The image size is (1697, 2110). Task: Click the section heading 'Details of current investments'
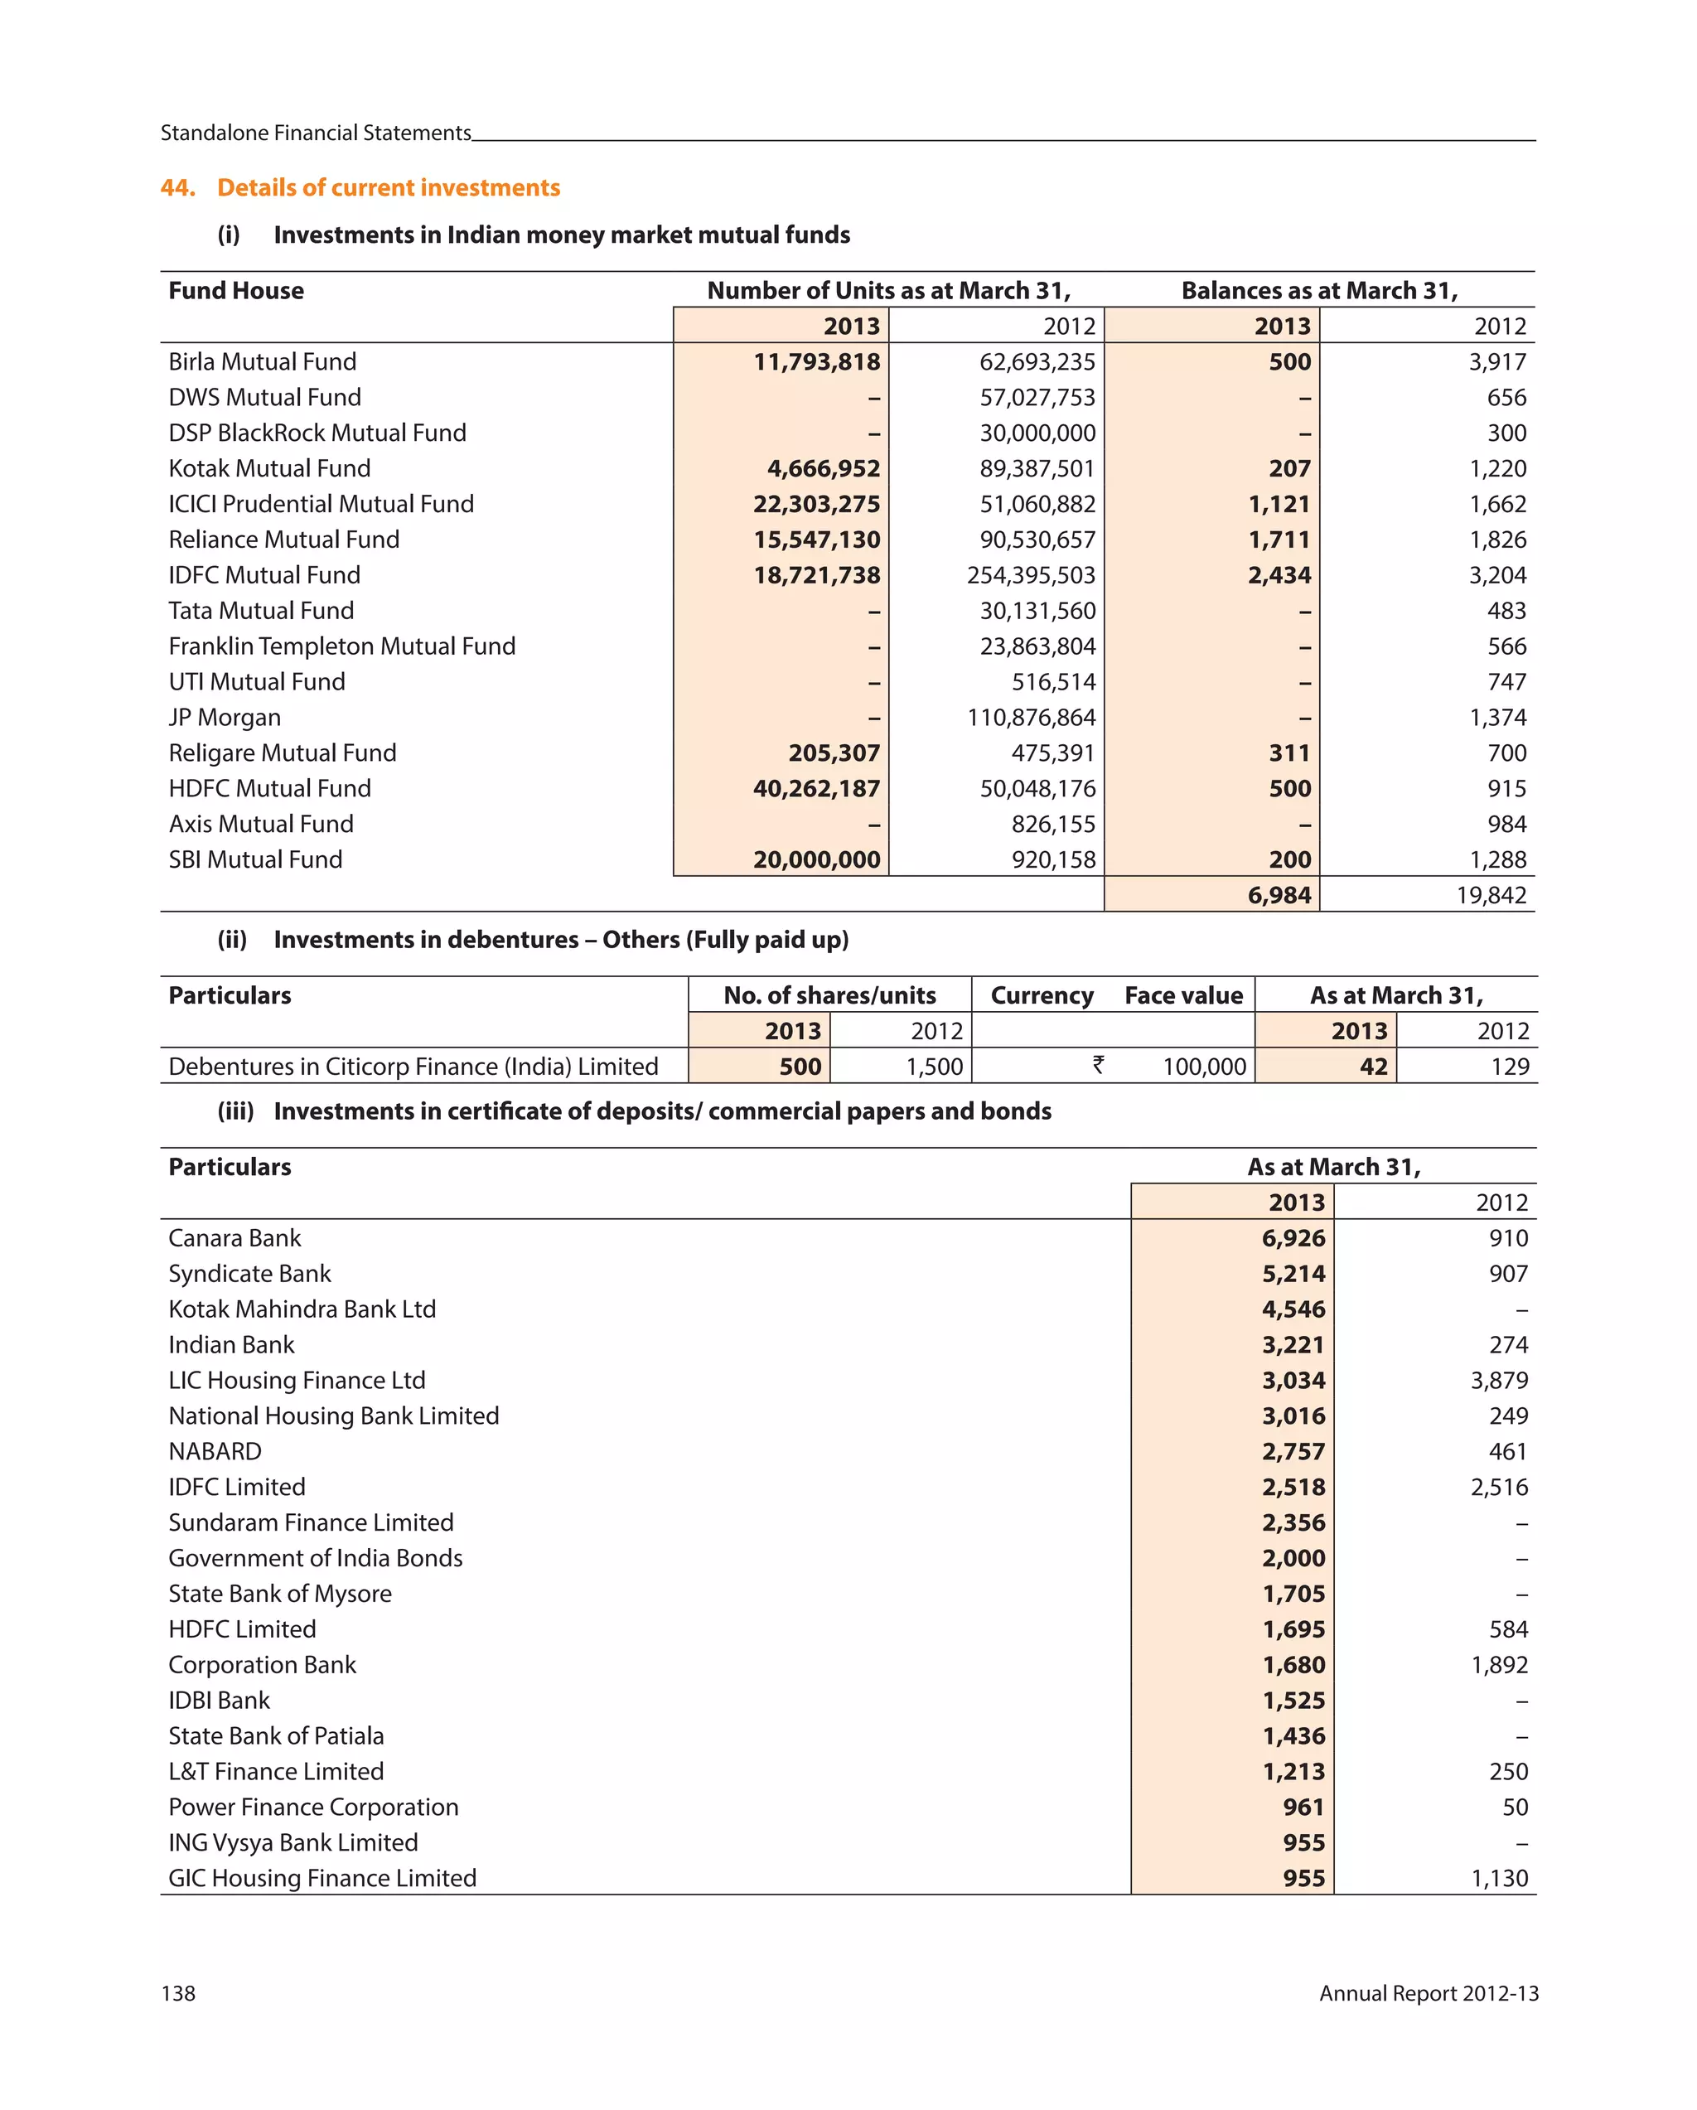click(388, 187)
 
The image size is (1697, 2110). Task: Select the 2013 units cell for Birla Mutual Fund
click(816, 362)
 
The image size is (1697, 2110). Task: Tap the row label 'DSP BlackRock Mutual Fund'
click(317, 433)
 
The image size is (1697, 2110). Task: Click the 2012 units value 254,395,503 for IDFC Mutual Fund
click(1031, 575)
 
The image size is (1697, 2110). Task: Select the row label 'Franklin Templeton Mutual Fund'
click(341, 646)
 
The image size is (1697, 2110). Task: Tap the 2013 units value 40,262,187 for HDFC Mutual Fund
click(816, 789)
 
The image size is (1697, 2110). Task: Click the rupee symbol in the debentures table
click(1098, 1065)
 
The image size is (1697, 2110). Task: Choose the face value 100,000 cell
click(1204, 1067)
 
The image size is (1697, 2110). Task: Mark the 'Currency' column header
click(1042, 995)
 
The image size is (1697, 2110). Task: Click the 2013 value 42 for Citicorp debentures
click(1373, 1067)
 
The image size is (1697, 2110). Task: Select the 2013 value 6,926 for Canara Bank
click(1293, 1238)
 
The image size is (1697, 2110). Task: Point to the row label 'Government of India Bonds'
click(315, 1558)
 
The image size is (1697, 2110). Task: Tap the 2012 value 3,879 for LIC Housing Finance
click(1498, 1381)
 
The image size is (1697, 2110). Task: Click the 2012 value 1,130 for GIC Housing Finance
click(1498, 1878)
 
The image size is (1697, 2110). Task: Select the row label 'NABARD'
click(215, 1451)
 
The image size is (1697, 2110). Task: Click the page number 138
click(178, 1993)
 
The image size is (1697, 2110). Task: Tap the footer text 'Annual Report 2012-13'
click(1428, 1993)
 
